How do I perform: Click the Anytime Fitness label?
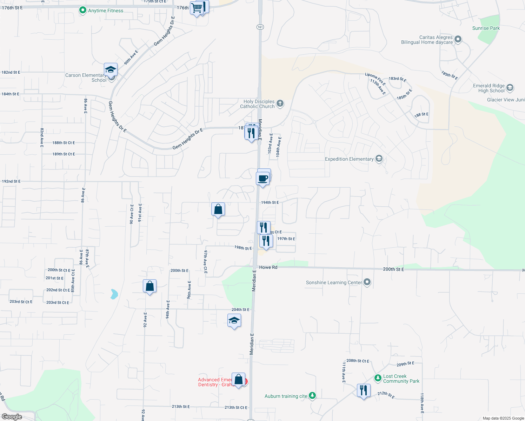tap(105, 11)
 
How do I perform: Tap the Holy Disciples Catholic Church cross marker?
tap(280, 103)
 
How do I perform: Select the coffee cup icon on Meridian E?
tap(263, 178)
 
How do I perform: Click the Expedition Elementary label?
tap(349, 159)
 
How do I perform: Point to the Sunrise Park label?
tap(486, 28)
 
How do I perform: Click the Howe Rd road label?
tap(268, 267)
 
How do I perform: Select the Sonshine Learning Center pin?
tap(367, 282)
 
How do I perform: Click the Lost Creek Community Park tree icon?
tap(378, 378)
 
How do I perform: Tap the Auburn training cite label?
tap(286, 396)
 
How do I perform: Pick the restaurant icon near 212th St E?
tap(364, 390)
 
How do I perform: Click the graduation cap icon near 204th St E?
tap(234, 321)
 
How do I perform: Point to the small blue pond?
tap(114, 294)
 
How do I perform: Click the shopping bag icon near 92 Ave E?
tap(149, 286)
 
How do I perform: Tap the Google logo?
tap(12, 417)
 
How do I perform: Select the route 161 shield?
tap(260, 27)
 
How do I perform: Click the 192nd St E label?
tap(11, 181)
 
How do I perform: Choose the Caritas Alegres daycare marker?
tap(458, 39)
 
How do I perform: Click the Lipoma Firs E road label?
tap(375, 79)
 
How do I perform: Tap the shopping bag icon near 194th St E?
tap(218, 209)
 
